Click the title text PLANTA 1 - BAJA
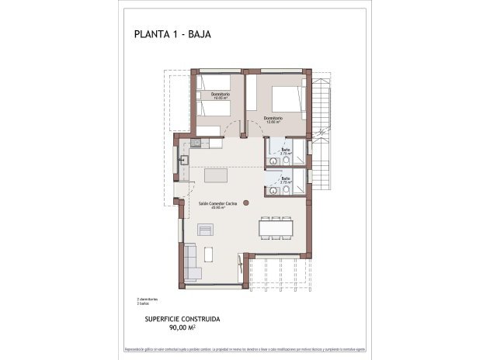coord(172,34)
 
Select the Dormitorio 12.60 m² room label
coord(272,119)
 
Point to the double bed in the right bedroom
coord(287,97)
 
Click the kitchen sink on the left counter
coord(185,161)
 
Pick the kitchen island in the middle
coord(217,175)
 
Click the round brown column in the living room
coord(246,202)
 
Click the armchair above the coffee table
coord(206,230)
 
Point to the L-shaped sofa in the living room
coord(192,262)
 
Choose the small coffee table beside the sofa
coord(207,254)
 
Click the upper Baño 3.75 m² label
coord(286,151)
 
